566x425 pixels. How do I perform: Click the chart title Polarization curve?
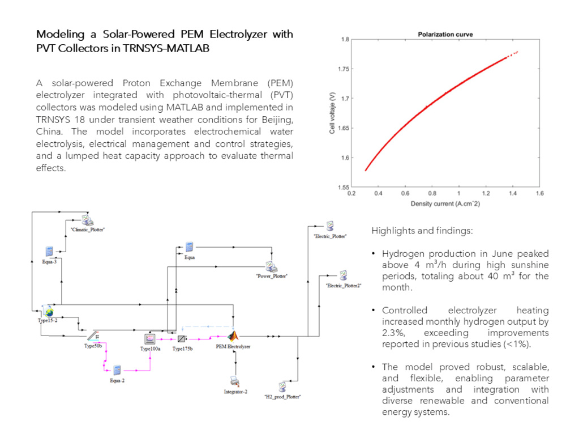tap(445, 35)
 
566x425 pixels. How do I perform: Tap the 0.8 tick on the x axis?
tap(432, 193)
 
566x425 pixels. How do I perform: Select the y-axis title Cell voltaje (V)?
tap(332, 113)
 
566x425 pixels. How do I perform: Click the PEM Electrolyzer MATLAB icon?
tap(233, 337)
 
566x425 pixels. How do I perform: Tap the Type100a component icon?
tap(150, 339)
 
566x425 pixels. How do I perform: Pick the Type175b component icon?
tap(182, 339)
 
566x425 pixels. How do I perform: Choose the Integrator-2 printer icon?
tap(235, 381)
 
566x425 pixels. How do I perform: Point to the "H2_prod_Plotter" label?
tap(282, 397)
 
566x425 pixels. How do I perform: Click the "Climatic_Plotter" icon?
tap(87, 220)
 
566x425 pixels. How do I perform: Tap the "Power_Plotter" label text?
tap(272, 276)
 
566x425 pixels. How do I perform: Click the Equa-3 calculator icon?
tap(49, 251)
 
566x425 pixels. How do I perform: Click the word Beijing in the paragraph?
tap(277, 120)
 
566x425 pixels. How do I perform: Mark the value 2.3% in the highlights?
tap(393, 333)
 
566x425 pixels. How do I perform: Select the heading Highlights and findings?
tap(422, 231)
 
